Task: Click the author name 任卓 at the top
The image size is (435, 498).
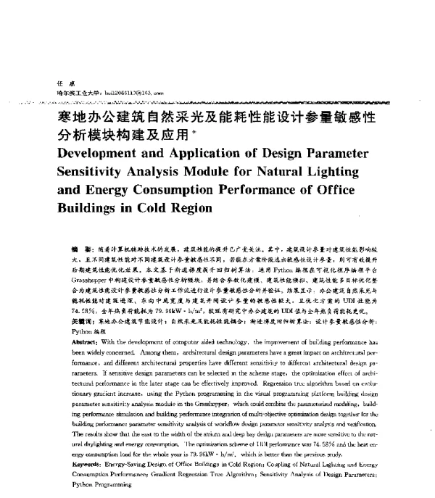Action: click(x=51, y=83)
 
